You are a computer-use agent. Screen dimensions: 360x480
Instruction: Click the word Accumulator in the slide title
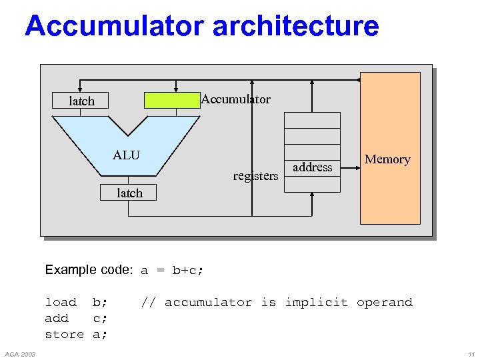[114, 27]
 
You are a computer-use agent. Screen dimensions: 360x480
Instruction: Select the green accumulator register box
[173, 100]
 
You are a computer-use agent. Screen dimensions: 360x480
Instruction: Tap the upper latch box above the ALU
[81, 101]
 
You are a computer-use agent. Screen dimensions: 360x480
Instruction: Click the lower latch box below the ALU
[129, 193]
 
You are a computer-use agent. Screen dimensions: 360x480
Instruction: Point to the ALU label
[126, 155]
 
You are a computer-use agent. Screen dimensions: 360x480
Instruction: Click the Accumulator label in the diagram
[236, 99]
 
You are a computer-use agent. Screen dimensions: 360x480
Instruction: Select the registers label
[255, 176]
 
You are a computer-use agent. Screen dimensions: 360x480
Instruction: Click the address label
[312, 167]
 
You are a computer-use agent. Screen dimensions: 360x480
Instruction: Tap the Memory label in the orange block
[387, 159]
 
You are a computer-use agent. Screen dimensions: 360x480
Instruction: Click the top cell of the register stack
[312, 120]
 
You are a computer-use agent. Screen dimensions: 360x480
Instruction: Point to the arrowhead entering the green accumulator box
[176, 87]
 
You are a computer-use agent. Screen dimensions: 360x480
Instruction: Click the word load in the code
[61, 303]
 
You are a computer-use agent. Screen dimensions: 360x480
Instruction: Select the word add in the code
[57, 319]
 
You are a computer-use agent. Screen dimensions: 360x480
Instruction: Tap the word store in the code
[64, 335]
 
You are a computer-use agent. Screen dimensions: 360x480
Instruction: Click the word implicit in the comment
[316, 303]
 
